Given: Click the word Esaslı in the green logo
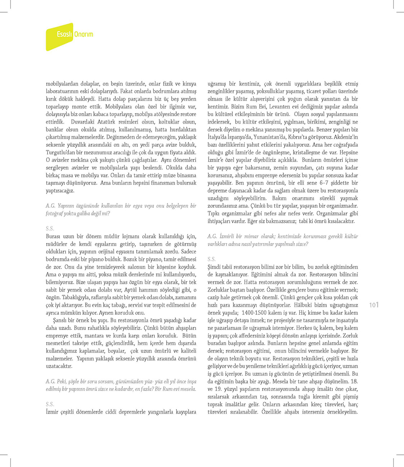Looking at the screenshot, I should (65, 35).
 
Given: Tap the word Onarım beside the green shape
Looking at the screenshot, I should (84, 35).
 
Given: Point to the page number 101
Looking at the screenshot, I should (374, 305).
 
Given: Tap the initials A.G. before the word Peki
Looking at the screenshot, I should (50, 381).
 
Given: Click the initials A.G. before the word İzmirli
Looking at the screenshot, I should (212, 236).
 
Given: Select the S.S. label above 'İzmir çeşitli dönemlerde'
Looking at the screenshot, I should (50, 404).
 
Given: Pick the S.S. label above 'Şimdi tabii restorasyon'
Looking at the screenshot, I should (211, 259).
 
